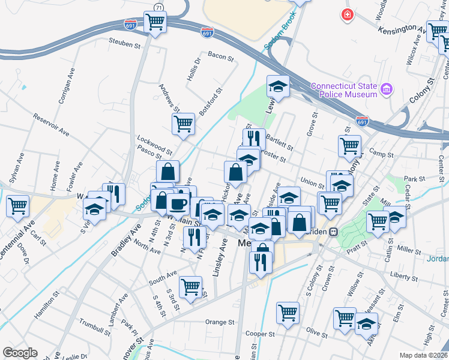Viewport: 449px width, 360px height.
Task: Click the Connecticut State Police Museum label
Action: click(344, 90)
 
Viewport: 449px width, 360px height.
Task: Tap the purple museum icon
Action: click(386, 90)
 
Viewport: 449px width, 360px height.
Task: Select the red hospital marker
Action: click(346, 14)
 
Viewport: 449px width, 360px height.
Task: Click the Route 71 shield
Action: click(158, 7)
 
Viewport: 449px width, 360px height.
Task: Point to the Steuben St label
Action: click(124, 43)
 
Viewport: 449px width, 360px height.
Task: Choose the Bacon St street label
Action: click(220, 56)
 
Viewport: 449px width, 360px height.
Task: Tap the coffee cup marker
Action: click(178, 204)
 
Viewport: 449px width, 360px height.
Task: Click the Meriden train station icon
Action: click(334, 231)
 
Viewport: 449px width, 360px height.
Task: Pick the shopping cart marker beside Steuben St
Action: click(155, 22)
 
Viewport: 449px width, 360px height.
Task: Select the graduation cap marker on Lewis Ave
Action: click(278, 86)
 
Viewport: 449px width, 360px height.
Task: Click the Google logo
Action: click(20, 353)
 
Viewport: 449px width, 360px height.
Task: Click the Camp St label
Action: click(381, 154)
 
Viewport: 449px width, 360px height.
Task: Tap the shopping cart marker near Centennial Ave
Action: click(17, 206)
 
